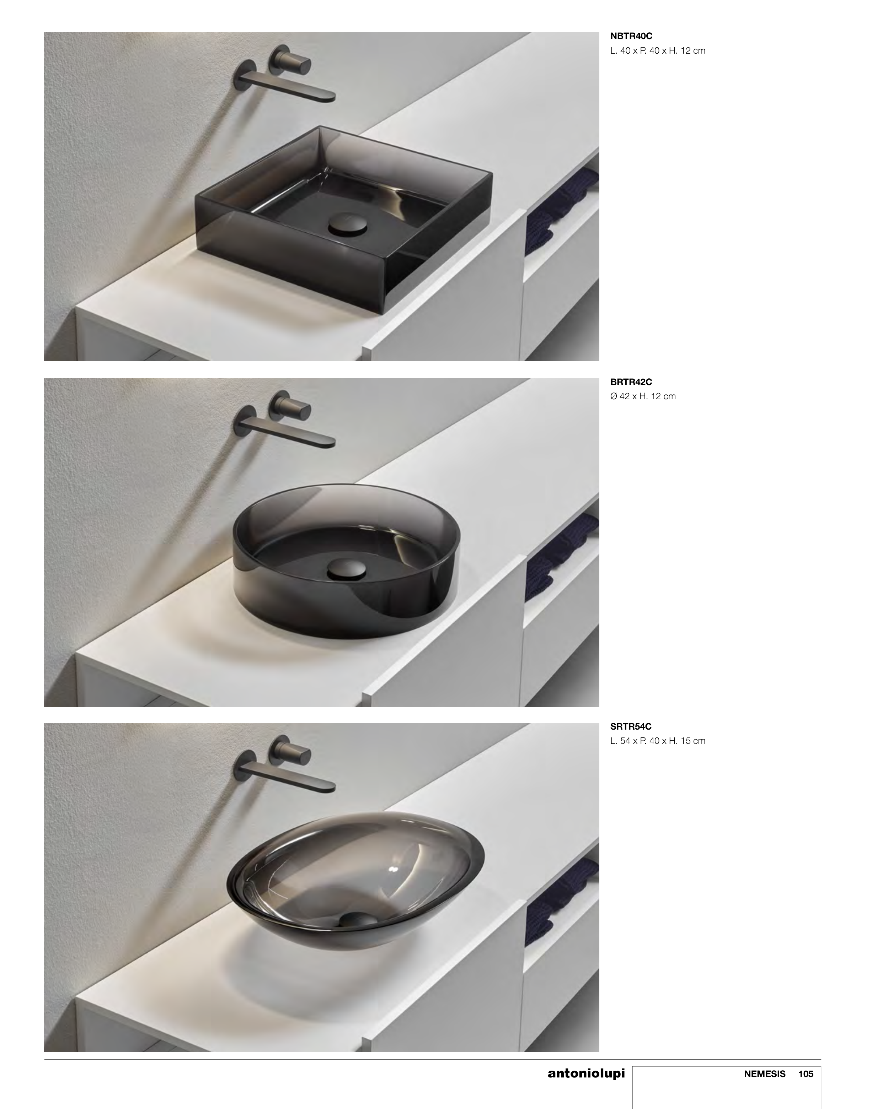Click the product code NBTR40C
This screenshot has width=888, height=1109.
(631, 36)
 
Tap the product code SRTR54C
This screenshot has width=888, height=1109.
(631, 726)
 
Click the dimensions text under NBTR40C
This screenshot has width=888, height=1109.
(658, 51)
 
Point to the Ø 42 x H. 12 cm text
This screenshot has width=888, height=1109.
(643, 396)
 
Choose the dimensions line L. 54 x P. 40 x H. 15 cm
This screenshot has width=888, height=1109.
(658, 741)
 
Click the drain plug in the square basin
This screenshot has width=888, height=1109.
(347, 225)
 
